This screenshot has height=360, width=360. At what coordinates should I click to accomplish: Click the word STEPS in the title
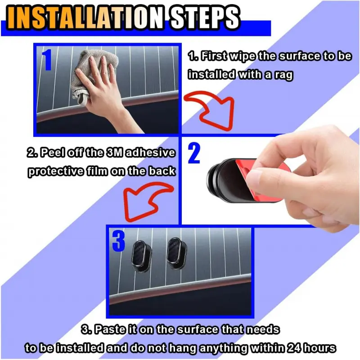click(204, 18)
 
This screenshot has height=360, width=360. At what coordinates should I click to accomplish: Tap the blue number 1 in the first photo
click(48, 60)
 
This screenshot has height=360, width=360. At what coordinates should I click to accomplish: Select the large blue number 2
click(194, 153)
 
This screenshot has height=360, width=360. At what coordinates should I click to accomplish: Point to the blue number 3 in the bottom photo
click(118, 241)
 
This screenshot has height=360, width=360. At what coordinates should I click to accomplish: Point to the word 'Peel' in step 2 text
click(53, 153)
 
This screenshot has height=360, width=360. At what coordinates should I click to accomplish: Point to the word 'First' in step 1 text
click(215, 56)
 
